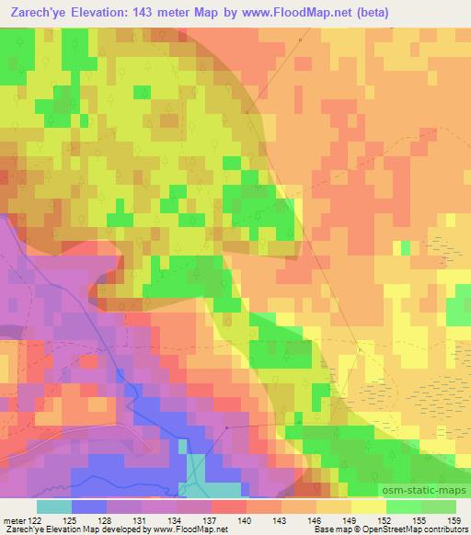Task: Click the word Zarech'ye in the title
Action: [x=37, y=12]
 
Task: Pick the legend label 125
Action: [x=88, y=519]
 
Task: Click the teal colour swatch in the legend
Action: [x=53, y=507]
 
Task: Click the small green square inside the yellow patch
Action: [x=405, y=247]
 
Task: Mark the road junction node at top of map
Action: [x=300, y=40]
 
